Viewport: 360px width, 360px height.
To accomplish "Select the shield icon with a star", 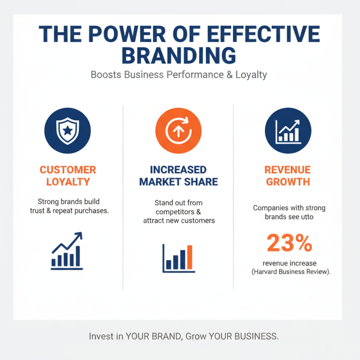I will [x=67, y=131].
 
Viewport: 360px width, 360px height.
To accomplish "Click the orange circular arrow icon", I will [x=179, y=131].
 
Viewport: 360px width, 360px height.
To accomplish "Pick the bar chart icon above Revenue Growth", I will [x=288, y=131].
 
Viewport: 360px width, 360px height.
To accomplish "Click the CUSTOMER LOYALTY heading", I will [x=67, y=176].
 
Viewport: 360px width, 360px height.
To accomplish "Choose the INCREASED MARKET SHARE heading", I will [x=179, y=176].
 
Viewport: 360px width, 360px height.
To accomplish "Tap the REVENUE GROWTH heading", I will [x=288, y=176].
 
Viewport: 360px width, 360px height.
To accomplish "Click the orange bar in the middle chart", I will [x=189, y=257].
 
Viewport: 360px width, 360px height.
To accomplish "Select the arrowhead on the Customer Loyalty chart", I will [x=79, y=235].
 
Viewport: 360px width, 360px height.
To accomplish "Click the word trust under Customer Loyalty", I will [x=46, y=210].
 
